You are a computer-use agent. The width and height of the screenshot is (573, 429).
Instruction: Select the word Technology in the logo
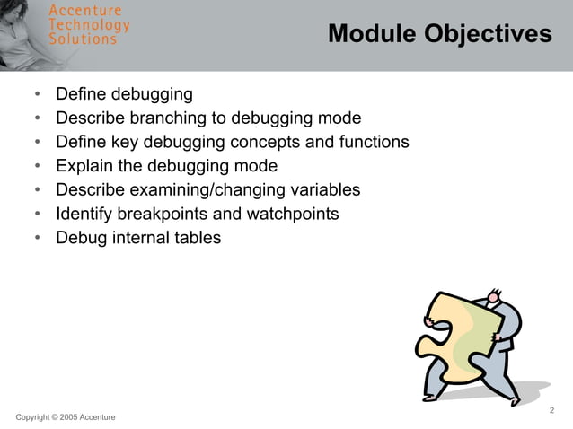point(89,25)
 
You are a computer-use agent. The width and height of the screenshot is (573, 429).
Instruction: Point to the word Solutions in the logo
point(82,39)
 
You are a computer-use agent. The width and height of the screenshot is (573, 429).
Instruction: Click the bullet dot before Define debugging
point(37,94)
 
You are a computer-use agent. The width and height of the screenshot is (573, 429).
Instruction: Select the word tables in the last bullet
point(195,238)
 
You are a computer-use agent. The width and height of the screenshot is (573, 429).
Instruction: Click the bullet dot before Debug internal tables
point(37,239)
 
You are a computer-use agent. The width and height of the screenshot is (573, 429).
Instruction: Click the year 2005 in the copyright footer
point(69,418)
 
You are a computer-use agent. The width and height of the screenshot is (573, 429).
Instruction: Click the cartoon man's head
point(495,296)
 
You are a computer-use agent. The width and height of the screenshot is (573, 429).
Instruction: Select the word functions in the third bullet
point(373,142)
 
